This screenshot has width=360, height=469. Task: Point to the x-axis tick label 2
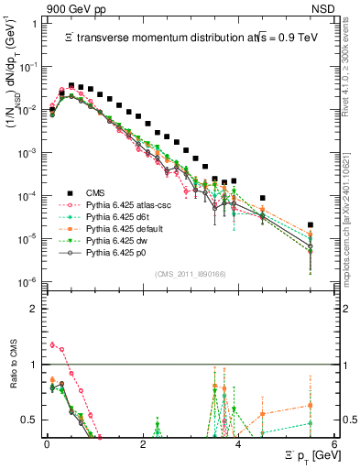pyautogui.click(x=143, y=445)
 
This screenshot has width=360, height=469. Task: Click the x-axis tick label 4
pyautogui.click(x=238, y=445)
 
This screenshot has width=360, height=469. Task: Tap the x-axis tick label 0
pyautogui.click(x=47, y=445)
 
